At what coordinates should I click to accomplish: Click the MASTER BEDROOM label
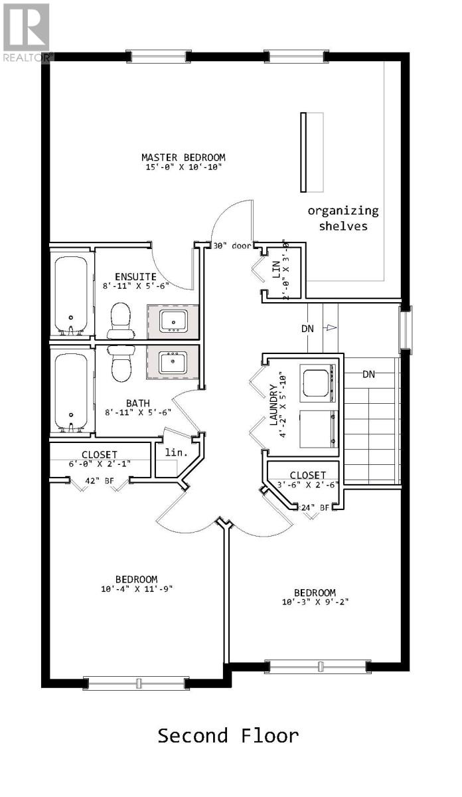[x=183, y=157]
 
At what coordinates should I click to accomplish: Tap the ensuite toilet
[x=121, y=321]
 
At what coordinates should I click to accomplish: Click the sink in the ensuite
[x=173, y=320]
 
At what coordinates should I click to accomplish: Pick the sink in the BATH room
[x=173, y=362]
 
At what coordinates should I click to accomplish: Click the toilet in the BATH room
[x=121, y=363]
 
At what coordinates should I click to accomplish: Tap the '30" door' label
[x=232, y=246]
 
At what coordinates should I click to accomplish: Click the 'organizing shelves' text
[x=343, y=218]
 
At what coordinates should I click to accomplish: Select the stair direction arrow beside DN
[x=331, y=327]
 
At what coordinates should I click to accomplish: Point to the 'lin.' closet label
[x=177, y=452]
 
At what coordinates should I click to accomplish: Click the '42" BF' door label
[x=99, y=481]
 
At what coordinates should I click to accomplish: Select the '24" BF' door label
[x=315, y=507]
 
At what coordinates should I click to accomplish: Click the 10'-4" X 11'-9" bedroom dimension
[x=137, y=589]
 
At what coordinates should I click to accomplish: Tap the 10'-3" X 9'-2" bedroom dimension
[x=315, y=602]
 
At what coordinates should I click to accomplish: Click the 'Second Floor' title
[x=228, y=736]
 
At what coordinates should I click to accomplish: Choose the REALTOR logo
[x=27, y=33]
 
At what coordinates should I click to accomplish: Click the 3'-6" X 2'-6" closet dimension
[x=307, y=485]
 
